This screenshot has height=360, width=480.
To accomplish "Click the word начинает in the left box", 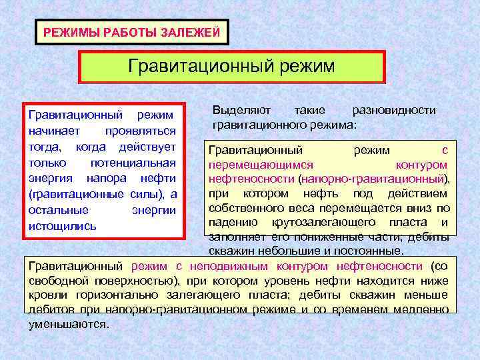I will [54, 131].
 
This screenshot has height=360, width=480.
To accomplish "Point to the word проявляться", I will [143, 131].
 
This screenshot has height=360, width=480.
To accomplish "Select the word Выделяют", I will [238, 110].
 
